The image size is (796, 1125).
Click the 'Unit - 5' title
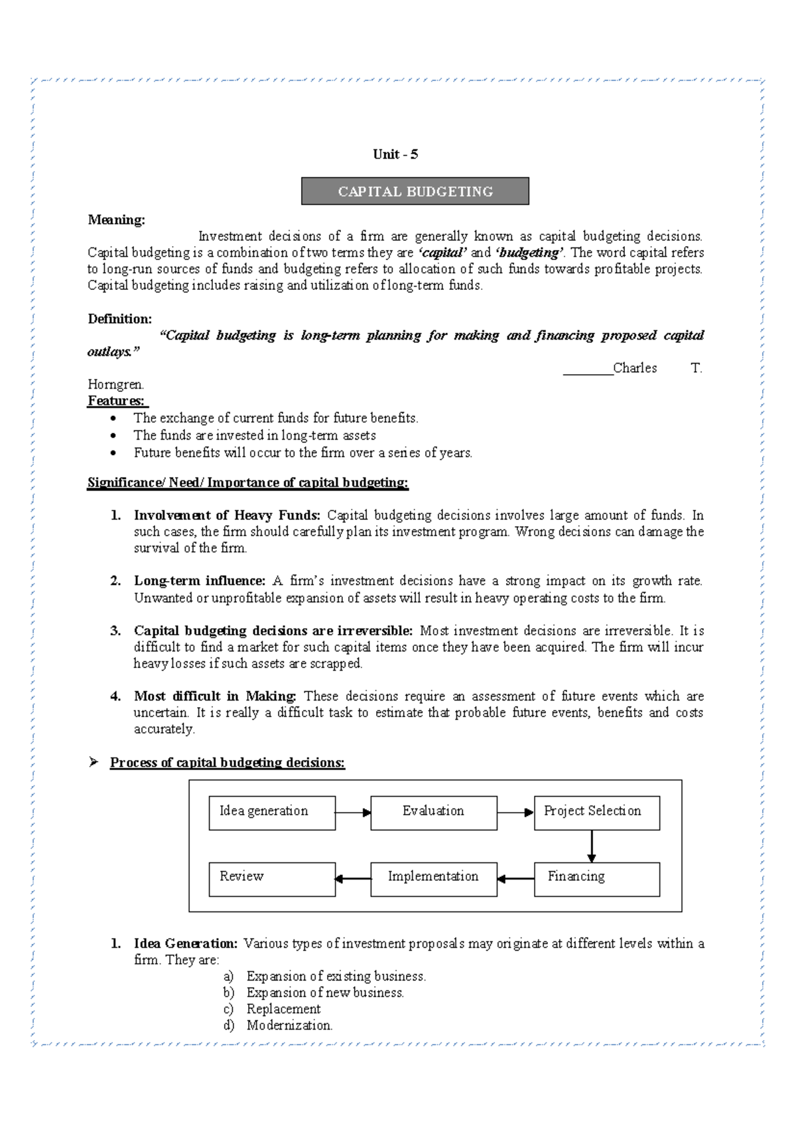395,155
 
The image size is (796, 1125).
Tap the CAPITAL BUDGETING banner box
415,192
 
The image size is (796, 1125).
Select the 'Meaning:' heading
116,220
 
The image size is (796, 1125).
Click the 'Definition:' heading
120,319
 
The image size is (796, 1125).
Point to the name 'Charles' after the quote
635,368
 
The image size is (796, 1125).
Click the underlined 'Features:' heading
117,401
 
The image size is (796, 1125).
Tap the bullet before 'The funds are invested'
115,436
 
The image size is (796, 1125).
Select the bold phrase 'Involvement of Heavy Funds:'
227,515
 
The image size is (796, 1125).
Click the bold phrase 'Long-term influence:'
200,581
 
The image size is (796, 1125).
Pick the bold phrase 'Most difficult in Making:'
215,696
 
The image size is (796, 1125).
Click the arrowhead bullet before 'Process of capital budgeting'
94,762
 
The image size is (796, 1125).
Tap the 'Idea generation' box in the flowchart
272,813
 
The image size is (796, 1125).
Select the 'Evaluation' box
433,813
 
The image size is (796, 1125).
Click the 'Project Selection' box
596,813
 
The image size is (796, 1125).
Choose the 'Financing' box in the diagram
596,879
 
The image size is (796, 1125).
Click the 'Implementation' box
433,879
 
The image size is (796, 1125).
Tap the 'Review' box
272,879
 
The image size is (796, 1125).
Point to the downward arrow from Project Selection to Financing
591,846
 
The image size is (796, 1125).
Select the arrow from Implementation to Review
353,879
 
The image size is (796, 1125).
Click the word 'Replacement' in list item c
283,1009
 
